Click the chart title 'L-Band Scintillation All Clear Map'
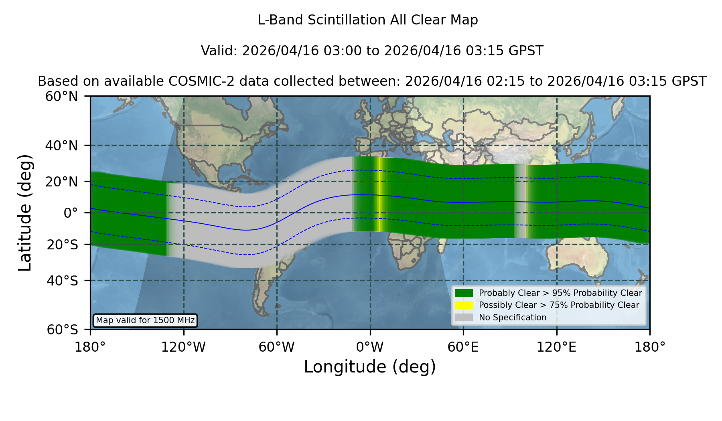point(367,20)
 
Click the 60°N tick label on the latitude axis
point(62,97)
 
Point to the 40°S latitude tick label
point(63,281)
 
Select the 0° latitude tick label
point(71,213)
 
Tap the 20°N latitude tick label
point(62,182)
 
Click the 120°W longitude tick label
point(183,347)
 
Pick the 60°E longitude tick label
point(463,347)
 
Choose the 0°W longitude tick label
point(370,347)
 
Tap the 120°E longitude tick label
point(556,347)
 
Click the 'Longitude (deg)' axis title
point(370,367)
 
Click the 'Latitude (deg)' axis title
point(25,213)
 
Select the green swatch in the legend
point(464,293)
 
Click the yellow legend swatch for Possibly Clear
point(464,305)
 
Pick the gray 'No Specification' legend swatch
point(464,318)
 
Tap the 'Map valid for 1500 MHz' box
point(145,320)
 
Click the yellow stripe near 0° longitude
point(379,194)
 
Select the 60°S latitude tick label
point(63,330)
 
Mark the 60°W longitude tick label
point(277,347)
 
